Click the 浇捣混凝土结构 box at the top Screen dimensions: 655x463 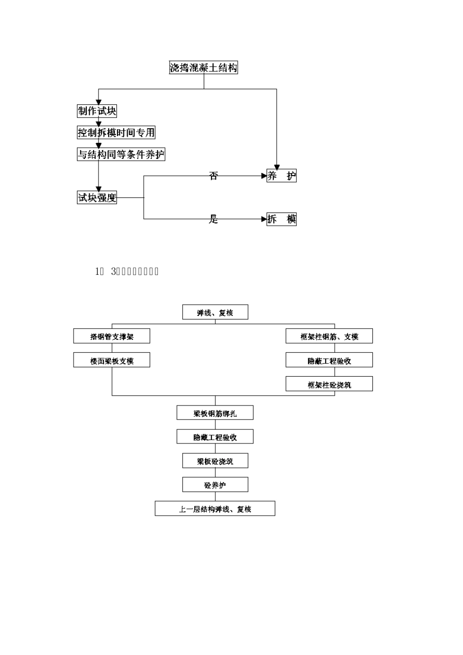pyautogui.click(x=203, y=68)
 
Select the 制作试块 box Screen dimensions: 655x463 pyautogui.click(x=97, y=111)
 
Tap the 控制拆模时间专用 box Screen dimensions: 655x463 pyautogui.click(x=116, y=133)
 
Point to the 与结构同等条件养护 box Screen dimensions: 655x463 pyautogui.click(x=121, y=154)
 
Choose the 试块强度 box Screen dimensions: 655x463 pyautogui.click(x=97, y=197)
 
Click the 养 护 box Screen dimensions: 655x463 pyautogui.click(x=281, y=176)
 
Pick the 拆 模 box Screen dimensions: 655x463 pyautogui.click(x=281, y=219)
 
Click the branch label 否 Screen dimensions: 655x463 pyautogui.click(x=213, y=176)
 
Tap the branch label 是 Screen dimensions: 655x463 pyautogui.click(x=213, y=219)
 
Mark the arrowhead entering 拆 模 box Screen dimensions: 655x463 pyautogui.click(x=264, y=219)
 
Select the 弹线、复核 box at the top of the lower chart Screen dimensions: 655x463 pyautogui.click(x=215, y=312)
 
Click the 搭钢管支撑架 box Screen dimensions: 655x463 pyautogui.click(x=112, y=336)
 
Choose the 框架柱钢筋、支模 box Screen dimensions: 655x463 pyautogui.click(x=329, y=336)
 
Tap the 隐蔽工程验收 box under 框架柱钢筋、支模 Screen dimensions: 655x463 pyautogui.click(x=329, y=361)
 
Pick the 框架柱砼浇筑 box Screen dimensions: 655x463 pyautogui.click(x=329, y=385)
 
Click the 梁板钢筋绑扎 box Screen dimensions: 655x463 pyautogui.click(x=215, y=413)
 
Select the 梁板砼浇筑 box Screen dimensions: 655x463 pyautogui.click(x=215, y=461)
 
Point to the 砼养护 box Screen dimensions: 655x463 pyautogui.click(x=215, y=485)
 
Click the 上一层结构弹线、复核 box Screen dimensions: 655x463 pyautogui.click(x=215, y=509)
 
